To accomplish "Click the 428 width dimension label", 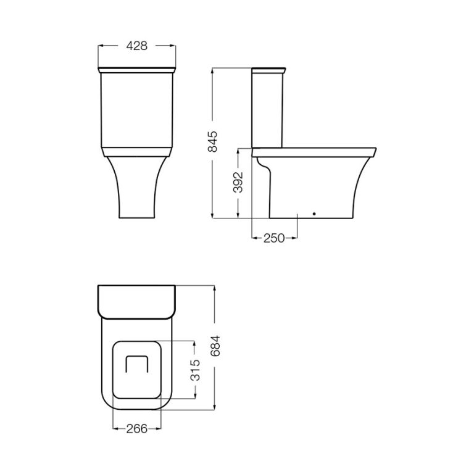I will (136, 46).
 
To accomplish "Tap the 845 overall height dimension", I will (212, 142).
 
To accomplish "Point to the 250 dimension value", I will (274, 238).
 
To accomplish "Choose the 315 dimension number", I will (195, 369).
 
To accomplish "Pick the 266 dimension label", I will (137, 428).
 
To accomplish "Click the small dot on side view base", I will (314, 214).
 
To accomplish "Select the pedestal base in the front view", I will (136, 188).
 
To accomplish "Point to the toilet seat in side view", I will (315, 150).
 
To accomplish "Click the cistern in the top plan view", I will (137, 302).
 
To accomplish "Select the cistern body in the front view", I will (136, 111).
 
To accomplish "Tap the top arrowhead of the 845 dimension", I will (212, 69).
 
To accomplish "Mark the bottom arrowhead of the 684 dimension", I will (215, 407).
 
